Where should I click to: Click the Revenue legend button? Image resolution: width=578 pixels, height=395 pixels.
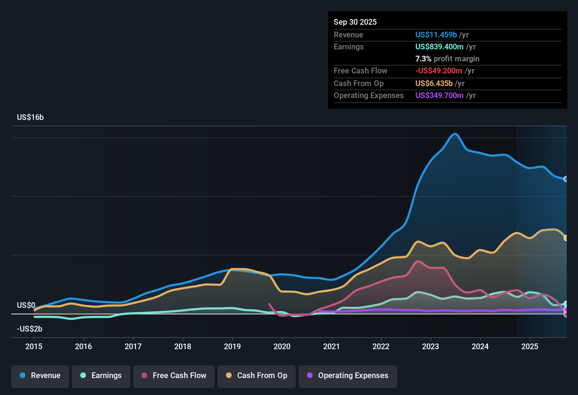40,376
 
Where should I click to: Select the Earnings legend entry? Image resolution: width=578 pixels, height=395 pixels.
101,376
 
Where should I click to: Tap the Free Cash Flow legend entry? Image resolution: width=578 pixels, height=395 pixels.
174,376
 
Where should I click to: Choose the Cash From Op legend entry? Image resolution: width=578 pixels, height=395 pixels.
257,376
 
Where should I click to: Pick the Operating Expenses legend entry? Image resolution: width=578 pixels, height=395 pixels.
348,376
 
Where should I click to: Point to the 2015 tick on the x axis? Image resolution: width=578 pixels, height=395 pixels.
34,346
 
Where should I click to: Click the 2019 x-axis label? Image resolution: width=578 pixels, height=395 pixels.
232,346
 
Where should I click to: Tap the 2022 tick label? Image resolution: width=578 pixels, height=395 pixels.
381,346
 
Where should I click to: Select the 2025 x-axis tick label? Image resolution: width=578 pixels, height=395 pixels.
530,346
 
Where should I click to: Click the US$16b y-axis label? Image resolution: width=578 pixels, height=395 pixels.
30,117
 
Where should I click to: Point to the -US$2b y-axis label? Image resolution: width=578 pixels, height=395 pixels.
30,329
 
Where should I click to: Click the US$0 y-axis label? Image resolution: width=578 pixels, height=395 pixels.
26,305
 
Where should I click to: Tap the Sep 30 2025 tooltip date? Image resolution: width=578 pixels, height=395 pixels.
355,22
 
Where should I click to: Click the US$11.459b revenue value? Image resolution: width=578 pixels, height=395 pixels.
436,35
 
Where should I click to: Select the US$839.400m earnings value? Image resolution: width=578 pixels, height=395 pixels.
439,47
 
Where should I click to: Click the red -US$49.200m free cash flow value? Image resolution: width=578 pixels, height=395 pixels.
439,71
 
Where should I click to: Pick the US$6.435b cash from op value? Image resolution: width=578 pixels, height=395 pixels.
434,84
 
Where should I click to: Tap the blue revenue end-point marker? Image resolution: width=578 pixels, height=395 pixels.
566,179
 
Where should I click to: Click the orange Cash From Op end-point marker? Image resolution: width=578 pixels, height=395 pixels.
566,238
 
